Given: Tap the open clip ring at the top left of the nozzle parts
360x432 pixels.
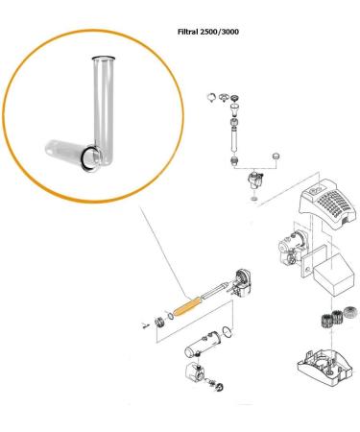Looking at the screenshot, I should [209, 96].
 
